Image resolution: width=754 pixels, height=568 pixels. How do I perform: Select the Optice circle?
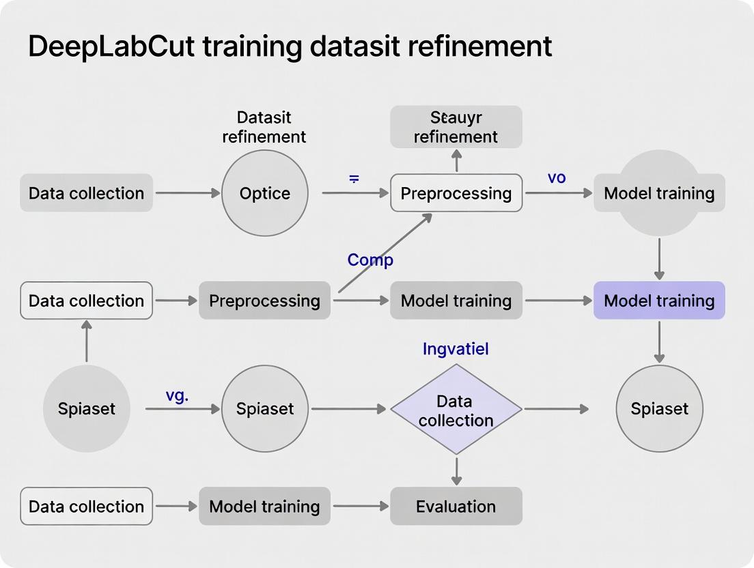coord(265,193)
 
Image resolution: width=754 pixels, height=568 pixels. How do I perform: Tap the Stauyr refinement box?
coord(456,127)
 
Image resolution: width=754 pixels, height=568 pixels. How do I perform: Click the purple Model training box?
coord(659,300)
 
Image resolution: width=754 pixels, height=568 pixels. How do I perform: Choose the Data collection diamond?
coord(456,410)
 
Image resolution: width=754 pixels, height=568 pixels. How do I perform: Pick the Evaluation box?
coord(456,507)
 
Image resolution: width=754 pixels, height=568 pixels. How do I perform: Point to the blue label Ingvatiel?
coord(456,350)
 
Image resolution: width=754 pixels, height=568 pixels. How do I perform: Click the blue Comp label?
coord(370,260)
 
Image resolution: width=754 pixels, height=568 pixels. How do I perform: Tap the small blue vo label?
coord(557,177)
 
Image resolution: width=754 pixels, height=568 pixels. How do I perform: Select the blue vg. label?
coord(177,395)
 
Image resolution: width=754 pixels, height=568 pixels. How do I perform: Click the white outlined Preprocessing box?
coord(456,193)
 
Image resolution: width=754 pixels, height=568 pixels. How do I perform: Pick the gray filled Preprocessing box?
coord(264,300)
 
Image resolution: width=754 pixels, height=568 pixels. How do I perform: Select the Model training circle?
coord(659,193)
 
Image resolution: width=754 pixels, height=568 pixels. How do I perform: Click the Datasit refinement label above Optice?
coord(264,127)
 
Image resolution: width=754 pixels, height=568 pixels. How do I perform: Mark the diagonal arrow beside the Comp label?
coord(386,253)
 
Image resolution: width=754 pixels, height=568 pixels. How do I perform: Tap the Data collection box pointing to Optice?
coord(87,193)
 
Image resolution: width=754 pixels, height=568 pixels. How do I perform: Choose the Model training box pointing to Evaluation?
coord(264,507)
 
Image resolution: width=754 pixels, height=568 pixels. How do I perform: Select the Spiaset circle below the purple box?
coord(659,409)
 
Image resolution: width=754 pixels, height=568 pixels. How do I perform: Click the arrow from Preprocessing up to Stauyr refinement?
coord(456,161)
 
